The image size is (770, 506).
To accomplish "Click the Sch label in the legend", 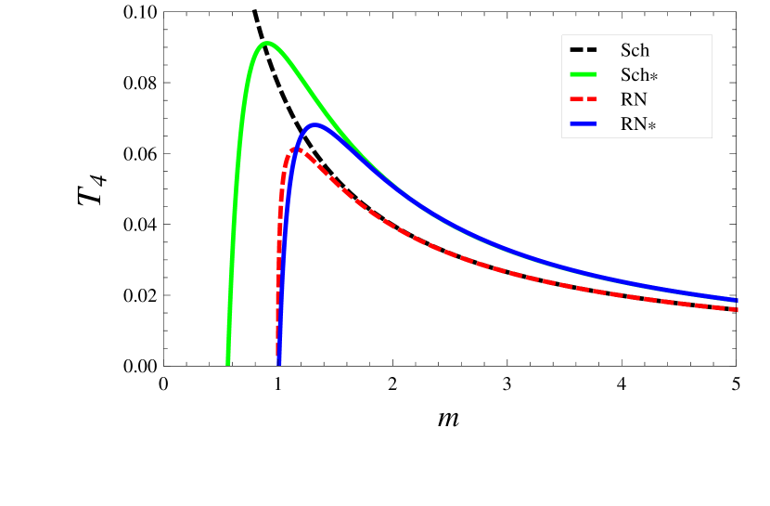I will click(635, 50).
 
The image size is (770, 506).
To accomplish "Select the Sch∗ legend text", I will click(639, 74).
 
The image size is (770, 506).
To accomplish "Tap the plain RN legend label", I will click(635, 99).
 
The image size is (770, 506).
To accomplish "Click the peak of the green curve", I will click(267, 43).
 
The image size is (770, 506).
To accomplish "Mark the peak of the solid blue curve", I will click(315, 123).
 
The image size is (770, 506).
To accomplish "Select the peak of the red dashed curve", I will click(298, 149).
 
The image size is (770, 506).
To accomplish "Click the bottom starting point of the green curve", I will click(227, 363).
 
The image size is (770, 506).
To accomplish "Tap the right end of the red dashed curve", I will click(737, 309).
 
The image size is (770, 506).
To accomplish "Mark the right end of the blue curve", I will click(737, 300).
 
